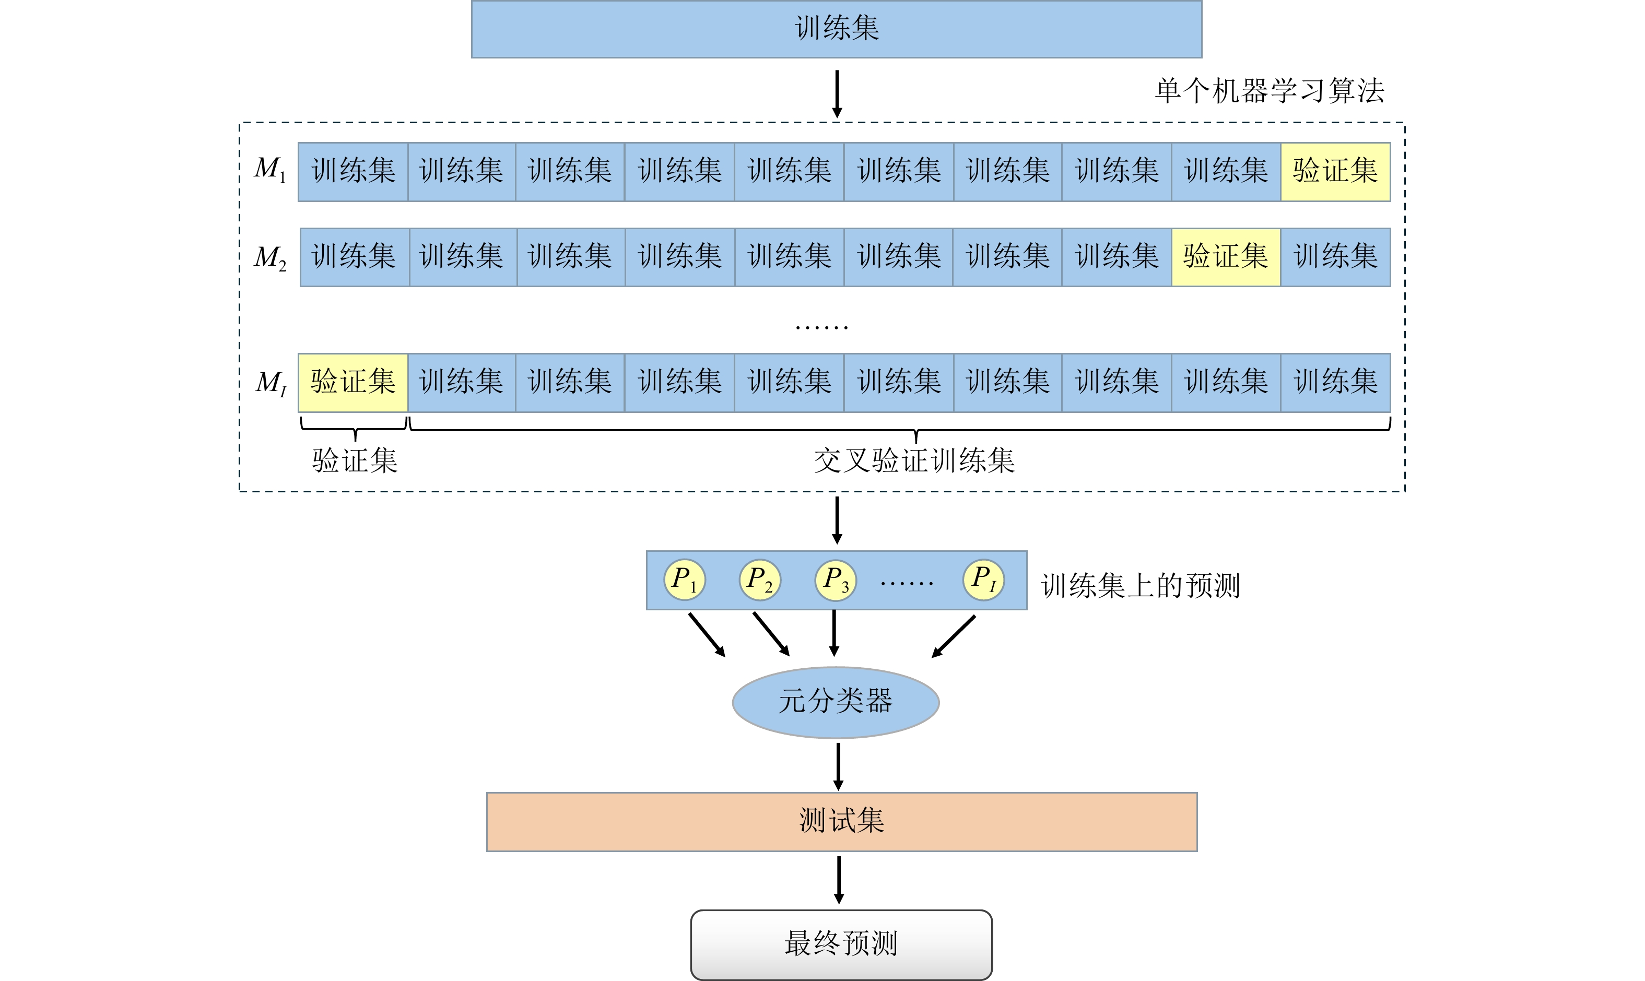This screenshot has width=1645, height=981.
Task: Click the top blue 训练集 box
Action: tap(837, 29)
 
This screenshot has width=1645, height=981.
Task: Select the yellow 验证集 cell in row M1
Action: tap(1335, 171)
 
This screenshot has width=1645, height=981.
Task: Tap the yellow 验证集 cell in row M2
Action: tap(1226, 257)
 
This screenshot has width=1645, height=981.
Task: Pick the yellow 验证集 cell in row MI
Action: tap(353, 383)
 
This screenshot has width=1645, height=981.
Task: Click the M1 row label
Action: tap(270, 169)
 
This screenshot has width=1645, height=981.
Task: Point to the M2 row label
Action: tap(270, 257)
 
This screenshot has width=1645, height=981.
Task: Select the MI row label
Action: tap(271, 383)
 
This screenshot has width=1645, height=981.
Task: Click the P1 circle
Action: tap(684, 580)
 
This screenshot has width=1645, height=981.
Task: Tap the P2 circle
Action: tap(760, 580)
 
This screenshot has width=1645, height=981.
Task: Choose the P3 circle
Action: tap(836, 580)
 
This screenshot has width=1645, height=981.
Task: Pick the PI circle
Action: tap(983, 580)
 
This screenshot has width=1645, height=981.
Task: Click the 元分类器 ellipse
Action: tap(836, 702)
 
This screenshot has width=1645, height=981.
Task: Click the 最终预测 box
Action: tap(841, 944)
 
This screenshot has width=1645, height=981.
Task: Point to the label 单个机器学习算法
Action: tap(1270, 90)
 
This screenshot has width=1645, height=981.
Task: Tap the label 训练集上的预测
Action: tap(1141, 586)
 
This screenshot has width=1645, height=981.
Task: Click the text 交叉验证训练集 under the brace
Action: tap(914, 461)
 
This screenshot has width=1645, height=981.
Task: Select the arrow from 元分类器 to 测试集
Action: tap(838, 765)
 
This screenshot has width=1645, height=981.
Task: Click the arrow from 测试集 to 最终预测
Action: tap(839, 880)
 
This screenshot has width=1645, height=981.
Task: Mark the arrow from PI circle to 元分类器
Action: tap(954, 636)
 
